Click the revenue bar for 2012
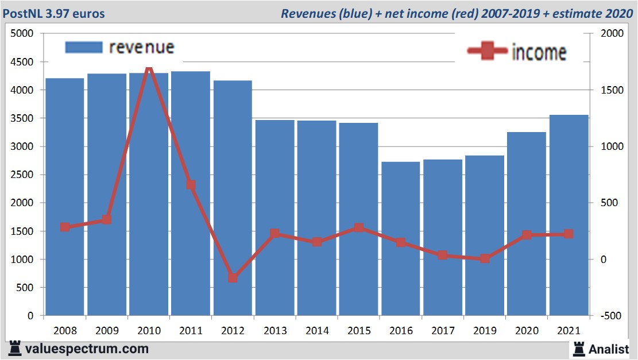(x=233, y=198)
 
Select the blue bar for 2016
(x=400, y=238)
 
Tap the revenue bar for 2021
(x=569, y=215)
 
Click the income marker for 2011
(x=191, y=185)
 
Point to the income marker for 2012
(x=233, y=278)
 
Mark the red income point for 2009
(x=107, y=220)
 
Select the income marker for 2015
(x=359, y=227)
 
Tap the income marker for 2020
(x=527, y=235)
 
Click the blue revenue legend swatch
(x=84, y=47)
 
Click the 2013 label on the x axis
(x=275, y=331)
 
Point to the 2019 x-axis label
(x=485, y=331)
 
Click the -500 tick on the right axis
(x=611, y=316)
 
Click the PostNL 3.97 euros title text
(x=55, y=13)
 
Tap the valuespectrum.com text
(x=87, y=349)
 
